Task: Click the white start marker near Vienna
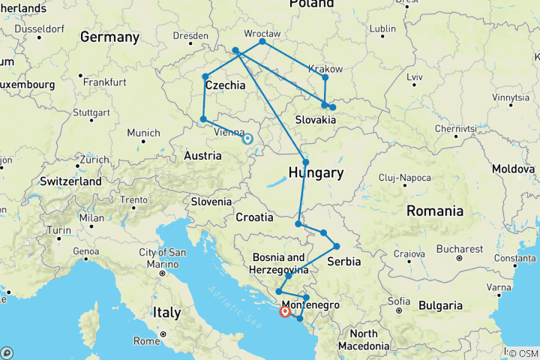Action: click(247, 139)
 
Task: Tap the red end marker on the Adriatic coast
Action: click(285, 311)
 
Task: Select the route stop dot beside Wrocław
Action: click(262, 42)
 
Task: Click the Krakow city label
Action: click(326, 69)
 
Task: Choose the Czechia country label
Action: click(225, 85)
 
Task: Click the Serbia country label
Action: click(345, 262)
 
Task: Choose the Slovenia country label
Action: click(211, 201)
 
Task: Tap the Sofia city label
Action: click(400, 301)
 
